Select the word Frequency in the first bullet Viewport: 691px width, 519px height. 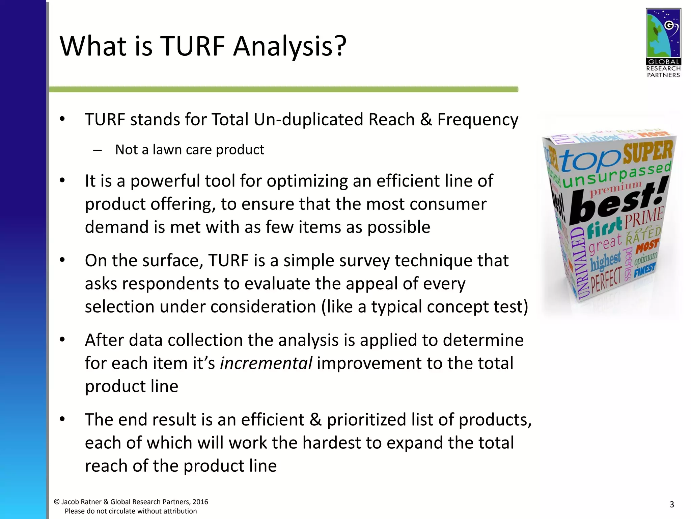click(x=477, y=120)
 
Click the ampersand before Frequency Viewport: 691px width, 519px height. click(x=426, y=120)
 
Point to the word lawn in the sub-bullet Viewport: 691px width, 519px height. click(x=167, y=150)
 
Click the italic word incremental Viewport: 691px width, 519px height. click(x=266, y=363)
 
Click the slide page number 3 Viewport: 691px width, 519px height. click(x=671, y=504)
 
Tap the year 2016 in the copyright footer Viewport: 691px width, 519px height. click(x=200, y=502)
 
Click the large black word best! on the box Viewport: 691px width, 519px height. click(x=617, y=203)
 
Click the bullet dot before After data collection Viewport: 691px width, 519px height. click(x=62, y=340)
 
